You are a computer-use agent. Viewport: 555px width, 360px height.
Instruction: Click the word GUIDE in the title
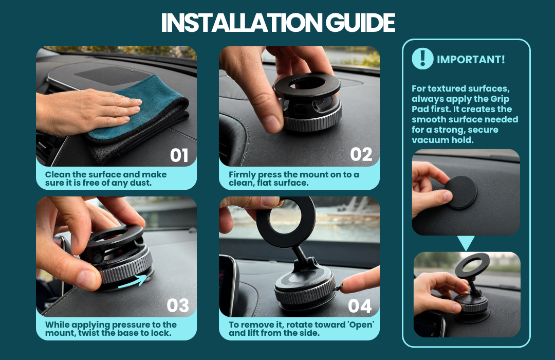point(360,23)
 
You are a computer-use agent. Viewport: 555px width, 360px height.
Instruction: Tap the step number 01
point(179,155)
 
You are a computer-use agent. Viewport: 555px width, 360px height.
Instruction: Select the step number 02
point(361,154)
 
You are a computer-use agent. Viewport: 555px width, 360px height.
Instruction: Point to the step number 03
point(178,305)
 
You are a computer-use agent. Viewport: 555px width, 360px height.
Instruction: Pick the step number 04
point(360,306)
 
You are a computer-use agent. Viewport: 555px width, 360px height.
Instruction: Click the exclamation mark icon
point(422,59)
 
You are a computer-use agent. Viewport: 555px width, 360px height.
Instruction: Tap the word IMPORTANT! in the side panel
point(471,60)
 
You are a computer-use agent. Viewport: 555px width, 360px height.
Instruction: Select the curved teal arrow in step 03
point(133,281)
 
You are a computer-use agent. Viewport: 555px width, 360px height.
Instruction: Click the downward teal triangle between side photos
point(466,243)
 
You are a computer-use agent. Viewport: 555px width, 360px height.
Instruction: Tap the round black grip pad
point(460,192)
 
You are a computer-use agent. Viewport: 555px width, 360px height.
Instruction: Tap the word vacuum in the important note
point(425,140)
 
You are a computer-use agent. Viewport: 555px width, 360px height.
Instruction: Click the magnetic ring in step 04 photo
point(286,222)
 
